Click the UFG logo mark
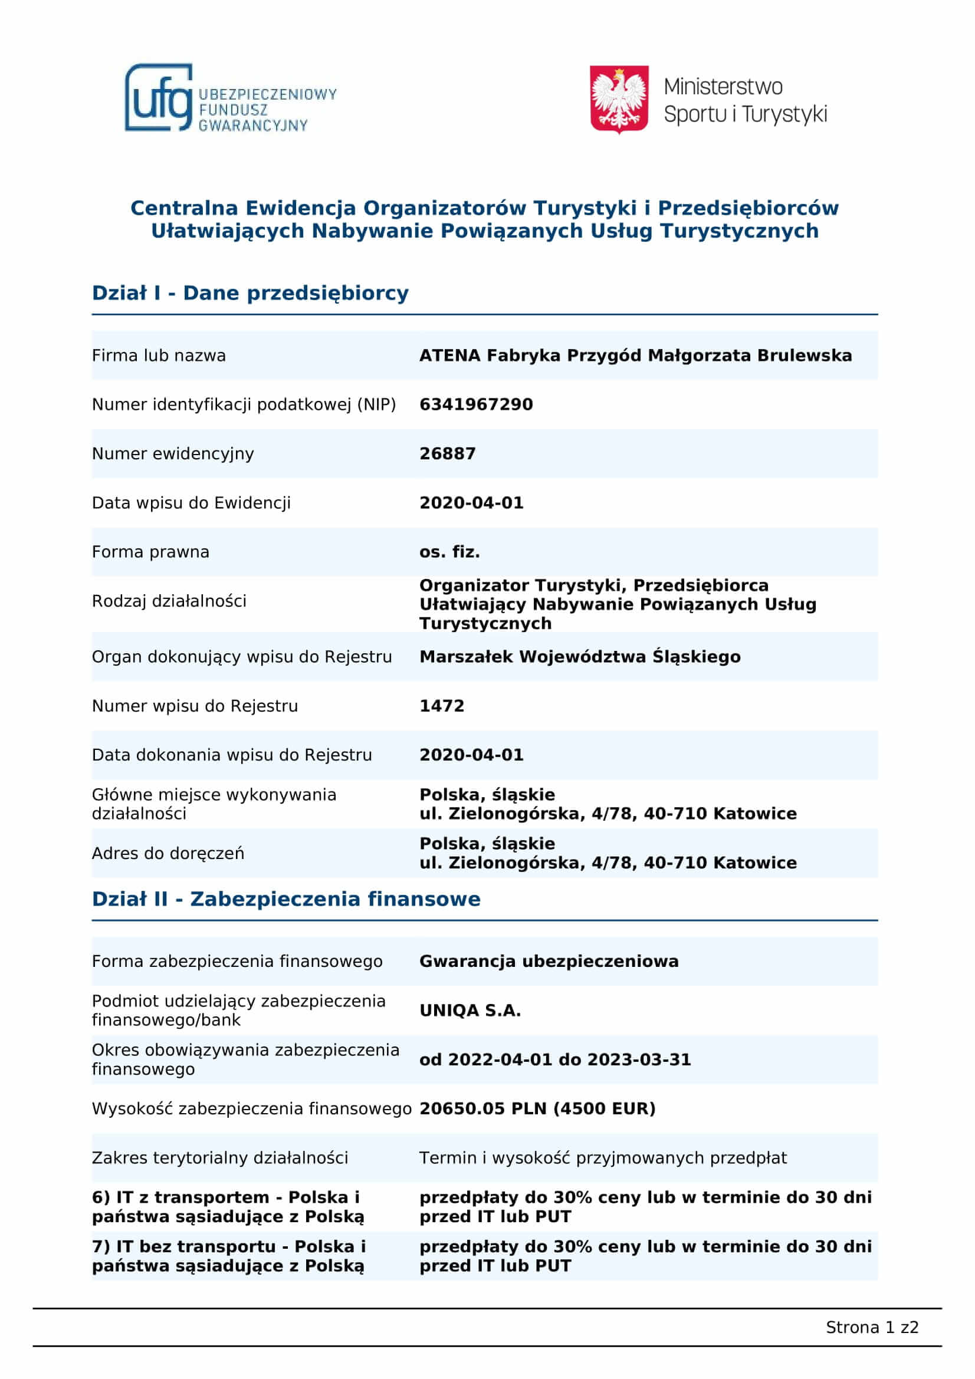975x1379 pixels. pyautogui.click(x=159, y=98)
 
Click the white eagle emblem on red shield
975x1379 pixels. pyautogui.click(x=619, y=98)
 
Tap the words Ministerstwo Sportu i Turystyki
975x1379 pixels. pyautogui.click(x=745, y=100)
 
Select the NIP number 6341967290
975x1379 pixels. pyautogui.click(x=476, y=404)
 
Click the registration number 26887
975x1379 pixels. pyautogui.click(x=447, y=453)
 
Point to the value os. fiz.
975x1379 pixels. pyautogui.click(x=449, y=551)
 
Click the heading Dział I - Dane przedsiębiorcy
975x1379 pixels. pyautogui.click(x=250, y=293)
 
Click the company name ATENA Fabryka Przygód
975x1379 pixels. pyautogui.click(x=635, y=356)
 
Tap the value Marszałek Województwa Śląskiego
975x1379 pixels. pyautogui.click(x=580, y=656)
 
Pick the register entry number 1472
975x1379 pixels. pyautogui.click(x=442, y=706)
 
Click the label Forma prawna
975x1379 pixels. pyautogui.click(x=151, y=551)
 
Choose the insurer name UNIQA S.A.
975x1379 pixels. pyautogui.click(x=470, y=1011)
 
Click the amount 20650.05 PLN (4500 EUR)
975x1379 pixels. pyautogui.click(x=537, y=1108)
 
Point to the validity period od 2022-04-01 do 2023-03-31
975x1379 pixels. pyautogui.click(x=555, y=1059)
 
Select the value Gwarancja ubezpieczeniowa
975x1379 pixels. pyautogui.click(x=549, y=961)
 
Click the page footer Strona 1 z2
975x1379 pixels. pyautogui.click(x=872, y=1327)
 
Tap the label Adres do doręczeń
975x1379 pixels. pyautogui.click(x=168, y=853)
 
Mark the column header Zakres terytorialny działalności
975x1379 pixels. pyautogui.click(x=220, y=1157)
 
